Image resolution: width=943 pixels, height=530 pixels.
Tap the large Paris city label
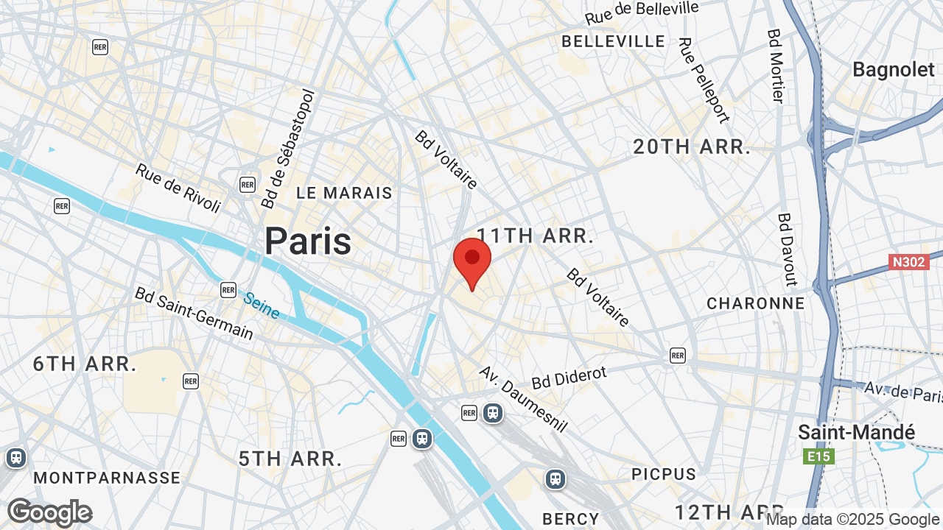(x=308, y=241)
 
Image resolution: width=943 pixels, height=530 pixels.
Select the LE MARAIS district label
(x=344, y=194)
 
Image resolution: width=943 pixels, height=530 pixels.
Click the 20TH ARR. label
(x=692, y=147)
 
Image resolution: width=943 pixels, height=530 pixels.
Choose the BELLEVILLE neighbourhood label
(x=613, y=41)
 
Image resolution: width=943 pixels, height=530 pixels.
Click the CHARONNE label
(x=756, y=303)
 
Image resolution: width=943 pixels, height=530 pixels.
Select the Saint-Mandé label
(x=856, y=432)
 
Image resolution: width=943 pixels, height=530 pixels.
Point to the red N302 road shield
(x=908, y=262)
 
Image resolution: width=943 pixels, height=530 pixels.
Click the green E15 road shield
(x=818, y=457)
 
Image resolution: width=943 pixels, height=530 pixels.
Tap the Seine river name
(x=262, y=306)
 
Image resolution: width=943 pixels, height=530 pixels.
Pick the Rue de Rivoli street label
(x=178, y=188)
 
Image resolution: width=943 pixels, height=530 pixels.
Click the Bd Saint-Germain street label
(x=194, y=314)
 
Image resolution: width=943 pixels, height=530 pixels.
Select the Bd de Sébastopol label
(x=287, y=149)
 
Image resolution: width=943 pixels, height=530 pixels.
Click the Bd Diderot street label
(x=569, y=378)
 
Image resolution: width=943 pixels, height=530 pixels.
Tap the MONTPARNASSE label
(x=107, y=478)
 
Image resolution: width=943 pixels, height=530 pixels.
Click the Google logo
(x=49, y=513)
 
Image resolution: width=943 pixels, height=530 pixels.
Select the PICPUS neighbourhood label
(x=664, y=474)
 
